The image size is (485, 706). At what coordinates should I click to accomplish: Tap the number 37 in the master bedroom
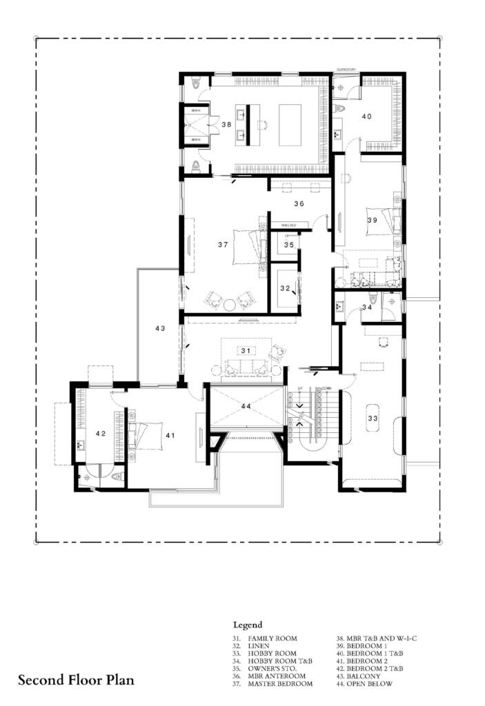click(x=222, y=245)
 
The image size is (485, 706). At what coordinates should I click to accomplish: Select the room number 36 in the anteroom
click(x=299, y=204)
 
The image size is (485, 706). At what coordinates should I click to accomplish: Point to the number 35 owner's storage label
click(x=288, y=245)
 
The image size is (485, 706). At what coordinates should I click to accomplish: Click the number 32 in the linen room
click(x=284, y=289)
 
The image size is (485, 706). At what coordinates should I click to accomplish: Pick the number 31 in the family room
click(x=245, y=351)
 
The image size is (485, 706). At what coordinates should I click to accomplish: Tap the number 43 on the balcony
click(x=160, y=329)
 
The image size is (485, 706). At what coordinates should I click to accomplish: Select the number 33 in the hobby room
click(x=373, y=418)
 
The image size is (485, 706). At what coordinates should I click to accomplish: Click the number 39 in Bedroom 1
click(x=372, y=220)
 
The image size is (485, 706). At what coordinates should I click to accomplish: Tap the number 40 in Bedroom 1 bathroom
click(x=366, y=117)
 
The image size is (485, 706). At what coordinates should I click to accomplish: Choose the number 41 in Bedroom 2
click(x=170, y=435)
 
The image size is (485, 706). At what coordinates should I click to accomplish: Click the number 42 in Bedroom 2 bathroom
click(x=101, y=433)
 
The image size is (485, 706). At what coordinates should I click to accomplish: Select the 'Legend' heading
click(x=247, y=625)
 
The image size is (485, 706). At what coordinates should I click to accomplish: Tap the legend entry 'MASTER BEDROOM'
click(x=279, y=684)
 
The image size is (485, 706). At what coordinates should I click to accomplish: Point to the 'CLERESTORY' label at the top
click(x=345, y=70)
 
